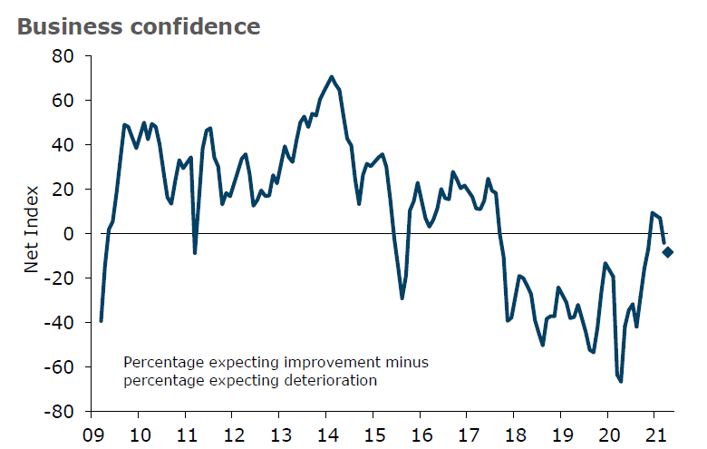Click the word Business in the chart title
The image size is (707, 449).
click(59, 26)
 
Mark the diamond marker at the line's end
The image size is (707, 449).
click(668, 252)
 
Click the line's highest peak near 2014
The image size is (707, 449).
click(332, 77)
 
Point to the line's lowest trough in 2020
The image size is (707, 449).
click(621, 381)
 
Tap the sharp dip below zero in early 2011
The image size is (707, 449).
click(195, 252)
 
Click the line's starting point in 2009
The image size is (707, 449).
click(101, 320)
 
